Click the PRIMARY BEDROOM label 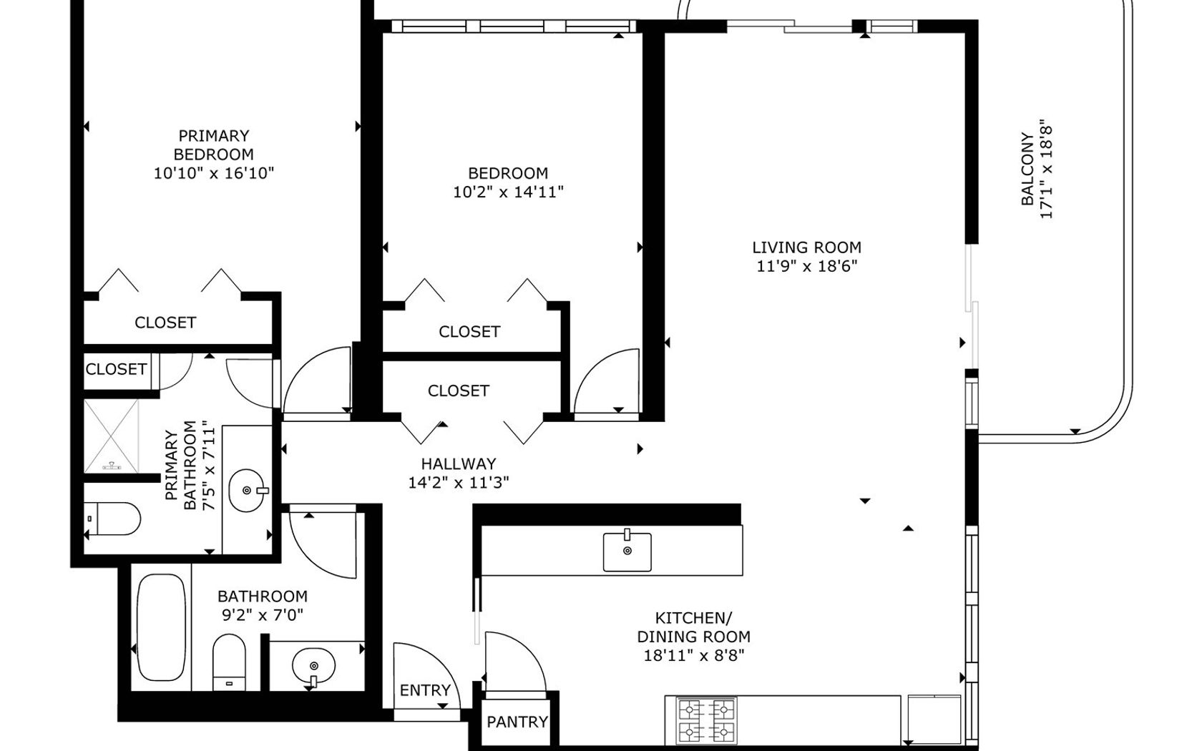[x=213, y=144]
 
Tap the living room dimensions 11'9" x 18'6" [x=806, y=266]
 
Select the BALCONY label [x=1027, y=169]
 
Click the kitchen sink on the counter [x=627, y=551]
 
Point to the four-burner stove [x=706, y=720]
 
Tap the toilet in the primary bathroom [x=112, y=519]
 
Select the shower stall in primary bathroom [x=111, y=436]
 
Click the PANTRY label [x=517, y=722]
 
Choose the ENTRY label [x=425, y=689]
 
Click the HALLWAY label [x=458, y=463]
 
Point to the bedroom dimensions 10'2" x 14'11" [x=508, y=192]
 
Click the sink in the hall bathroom [x=313, y=667]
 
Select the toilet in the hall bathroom [x=229, y=662]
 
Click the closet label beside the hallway [x=458, y=391]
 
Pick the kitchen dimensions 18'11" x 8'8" [x=694, y=655]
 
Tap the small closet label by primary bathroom [x=116, y=369]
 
